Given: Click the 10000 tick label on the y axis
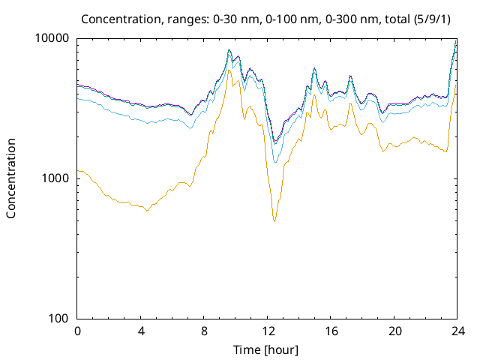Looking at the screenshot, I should point(52,38).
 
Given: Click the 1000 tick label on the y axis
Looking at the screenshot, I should point(55,178).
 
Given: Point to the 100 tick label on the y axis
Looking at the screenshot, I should point(58,319).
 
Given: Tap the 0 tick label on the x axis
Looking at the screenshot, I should point(77,331).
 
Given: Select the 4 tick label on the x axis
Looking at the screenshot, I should point(141,331).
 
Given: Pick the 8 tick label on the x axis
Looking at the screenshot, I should point(204,331).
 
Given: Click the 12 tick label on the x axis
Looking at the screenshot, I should point(268,331).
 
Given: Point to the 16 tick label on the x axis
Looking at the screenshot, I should point(331,331).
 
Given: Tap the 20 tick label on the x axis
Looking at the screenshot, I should point(394,331).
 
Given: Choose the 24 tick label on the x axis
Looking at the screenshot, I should point(457,331).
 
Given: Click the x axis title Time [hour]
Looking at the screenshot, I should point(267,349).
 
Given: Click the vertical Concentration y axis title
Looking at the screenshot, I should point(11,178).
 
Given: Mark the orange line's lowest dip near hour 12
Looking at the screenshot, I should point(274,221).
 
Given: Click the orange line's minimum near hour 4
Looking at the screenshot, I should point(146,211).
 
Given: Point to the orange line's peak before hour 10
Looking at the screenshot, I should point(229,70).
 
